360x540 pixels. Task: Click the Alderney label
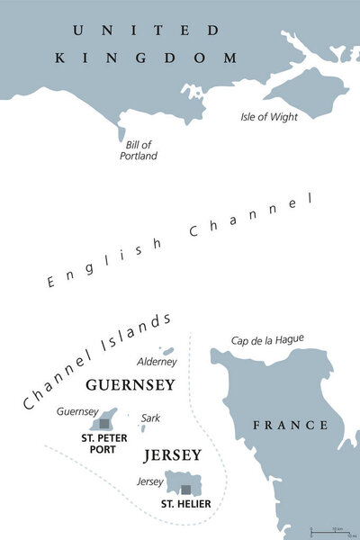pos(157,362)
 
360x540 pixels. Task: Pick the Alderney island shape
pos(166,351)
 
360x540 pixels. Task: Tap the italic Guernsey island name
pos(76,411)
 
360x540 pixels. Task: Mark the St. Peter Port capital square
pos(104,422)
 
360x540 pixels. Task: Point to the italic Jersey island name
pos(151,481)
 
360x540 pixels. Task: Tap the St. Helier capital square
pos(185,490)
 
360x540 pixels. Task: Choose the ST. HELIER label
pos(185,504)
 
